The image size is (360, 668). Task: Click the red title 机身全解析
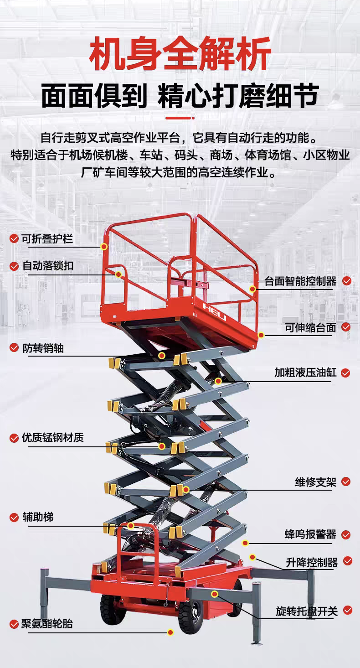point(180,54)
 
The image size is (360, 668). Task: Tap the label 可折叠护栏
point(47,239)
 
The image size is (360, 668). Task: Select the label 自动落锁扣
point(48,266)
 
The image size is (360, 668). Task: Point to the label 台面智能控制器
point(300,281)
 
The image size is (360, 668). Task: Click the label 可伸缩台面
point(310,327)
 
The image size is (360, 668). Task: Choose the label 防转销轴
point(43,348)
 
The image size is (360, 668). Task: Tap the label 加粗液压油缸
point(305,373)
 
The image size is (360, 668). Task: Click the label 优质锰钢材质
point(53,438)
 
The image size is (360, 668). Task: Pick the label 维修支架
point(316,482)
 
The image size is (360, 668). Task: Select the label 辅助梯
point(38,517)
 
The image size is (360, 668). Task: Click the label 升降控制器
point(312,562)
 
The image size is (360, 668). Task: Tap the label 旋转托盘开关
point(307,611)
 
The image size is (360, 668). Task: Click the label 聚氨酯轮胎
point(47,624)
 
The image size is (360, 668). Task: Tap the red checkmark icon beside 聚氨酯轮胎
point(14,624)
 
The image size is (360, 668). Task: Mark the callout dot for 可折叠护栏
point(104,247)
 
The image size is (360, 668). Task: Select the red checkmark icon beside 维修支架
point(346,482)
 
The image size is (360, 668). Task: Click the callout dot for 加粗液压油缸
point(218,381)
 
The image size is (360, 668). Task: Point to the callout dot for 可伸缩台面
point(261,335)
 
